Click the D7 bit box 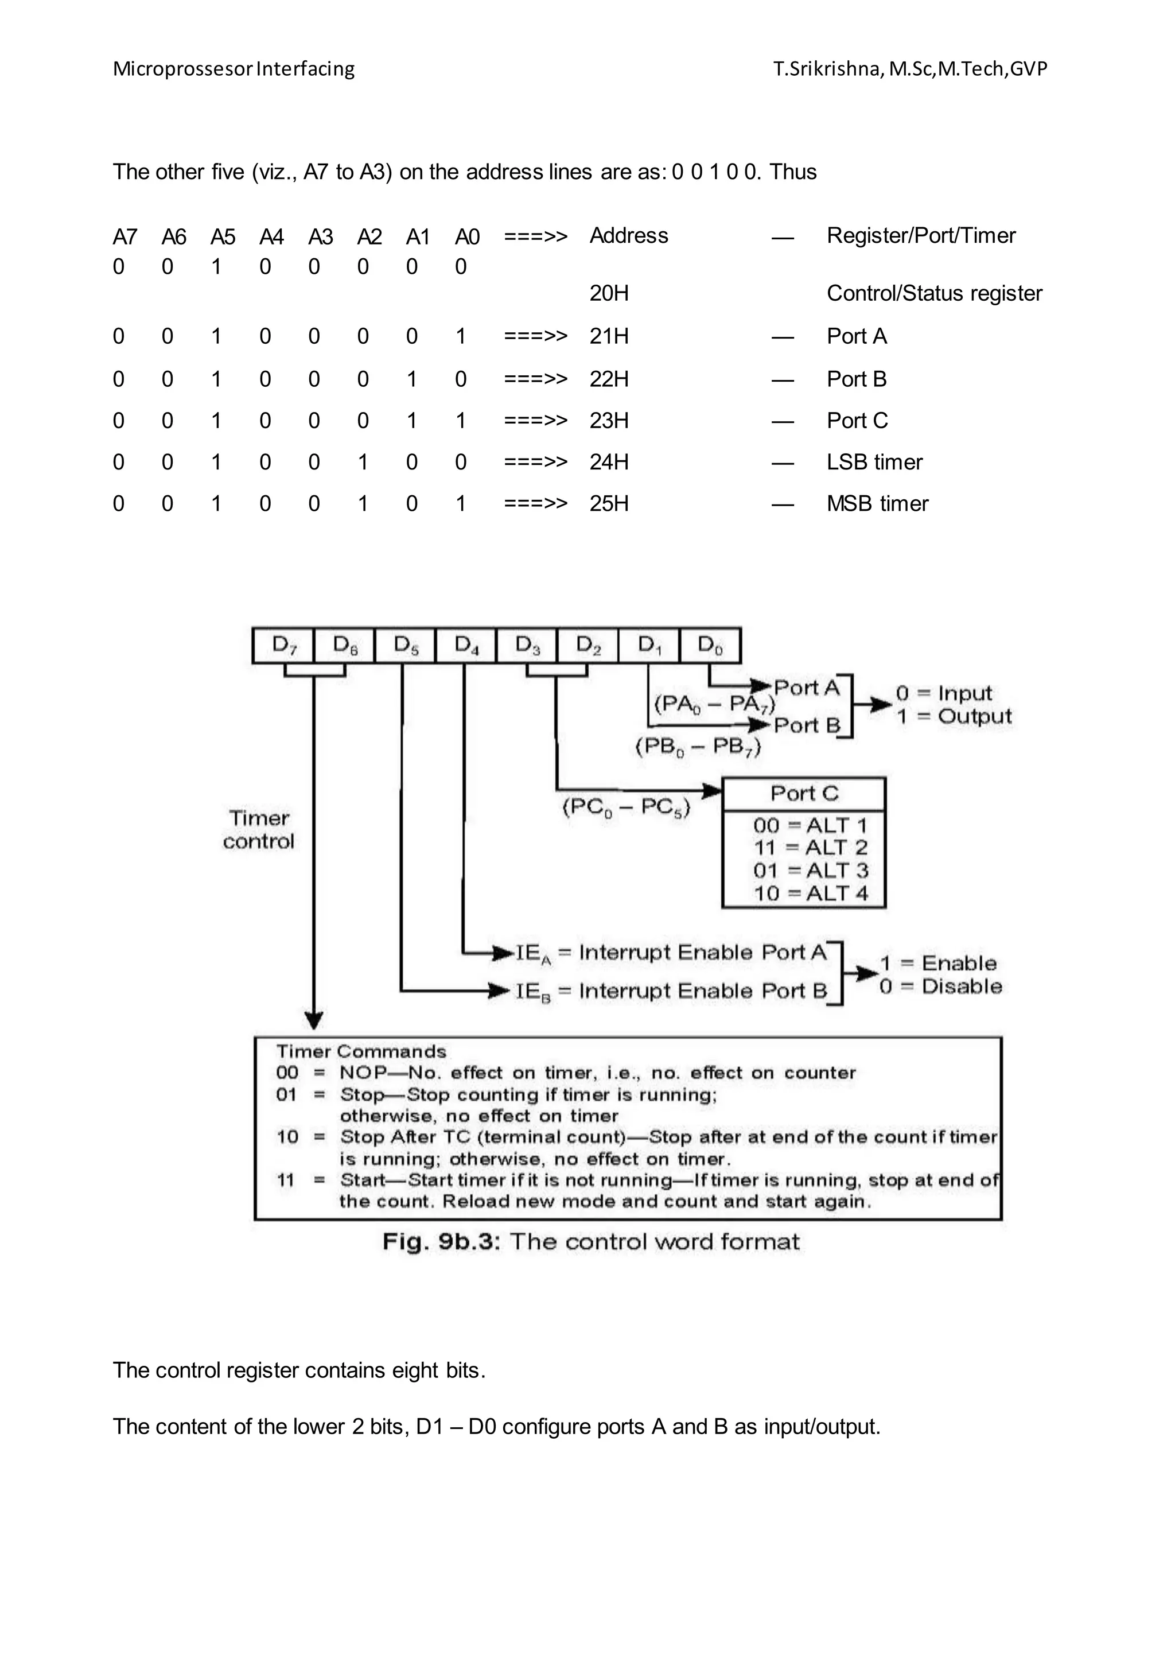coord(283,645)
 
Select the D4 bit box coord(466,645)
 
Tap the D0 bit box coord(710,645)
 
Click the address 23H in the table coord(609,421)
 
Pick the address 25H coord(609,504)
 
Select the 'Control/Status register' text coord(934,293)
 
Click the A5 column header coord(223,236)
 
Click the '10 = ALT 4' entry coord(810,893)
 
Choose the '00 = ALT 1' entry coord(810,825)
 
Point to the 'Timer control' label coord(258,829)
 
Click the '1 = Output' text coord(953,717)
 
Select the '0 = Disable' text coord(940,987)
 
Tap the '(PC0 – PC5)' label coord(627,807)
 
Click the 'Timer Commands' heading coord(361,1051)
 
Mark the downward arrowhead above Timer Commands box coord(313,1020)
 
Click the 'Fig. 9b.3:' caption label coord(441,1242)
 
